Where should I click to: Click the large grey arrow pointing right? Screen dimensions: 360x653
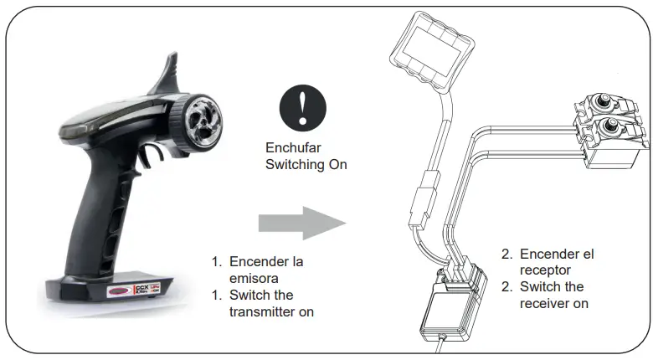click(301, 224)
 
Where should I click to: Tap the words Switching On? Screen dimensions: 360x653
click(306, 165)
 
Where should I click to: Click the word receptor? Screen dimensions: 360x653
click(545, 270)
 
